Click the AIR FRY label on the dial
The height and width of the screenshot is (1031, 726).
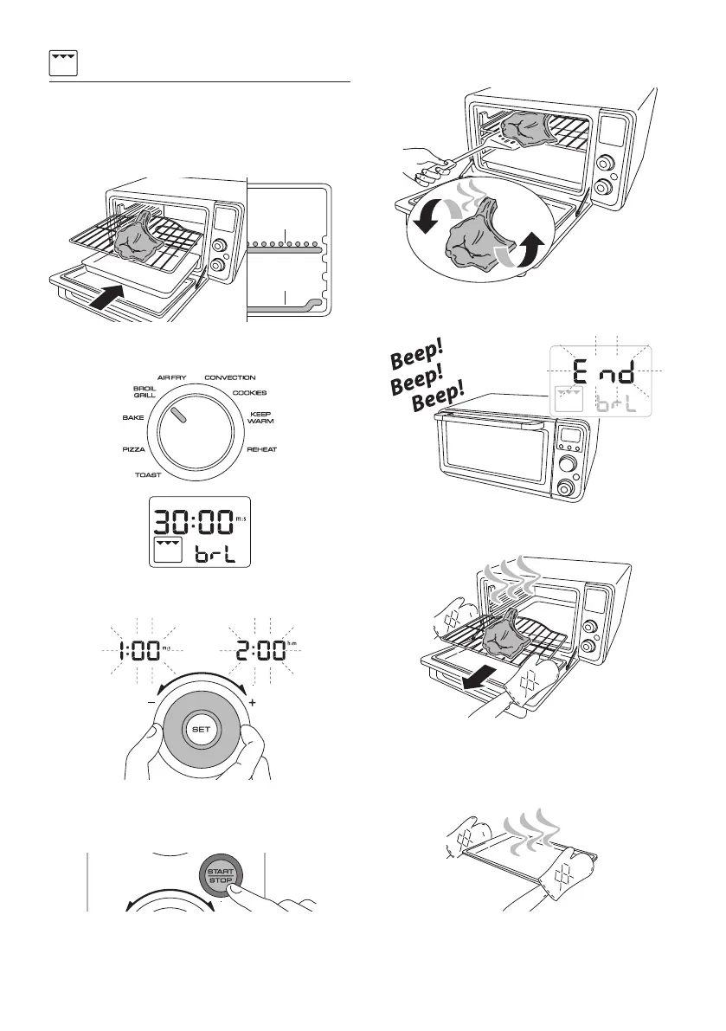tap(173, 377)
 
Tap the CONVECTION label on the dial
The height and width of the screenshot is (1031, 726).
tap(229, 377)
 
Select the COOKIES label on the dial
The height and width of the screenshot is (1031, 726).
tap(249, 393)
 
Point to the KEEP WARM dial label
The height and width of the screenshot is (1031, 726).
tap(261, 418)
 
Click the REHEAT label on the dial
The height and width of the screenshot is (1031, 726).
tap(261, 450)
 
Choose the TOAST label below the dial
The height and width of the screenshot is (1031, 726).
tap(152, 475)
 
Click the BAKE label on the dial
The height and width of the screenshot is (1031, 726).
tap(132, 417)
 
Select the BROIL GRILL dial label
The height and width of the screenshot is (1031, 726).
tap(144, 391)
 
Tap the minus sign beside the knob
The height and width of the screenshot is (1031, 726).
tap(151, 702)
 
